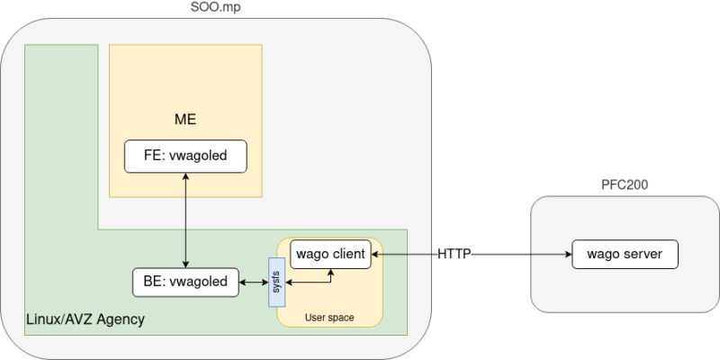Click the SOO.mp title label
[216, 8]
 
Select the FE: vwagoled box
[185, 156]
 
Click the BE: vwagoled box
[185, 282]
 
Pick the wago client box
[329, 255]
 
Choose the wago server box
[625, 255]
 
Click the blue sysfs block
[276, 282]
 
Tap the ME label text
[185, 119]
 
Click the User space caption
[329, 318]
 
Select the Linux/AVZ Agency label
[85, 319]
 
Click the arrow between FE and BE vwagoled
[185, 220]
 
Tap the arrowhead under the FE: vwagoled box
[185, 176]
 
